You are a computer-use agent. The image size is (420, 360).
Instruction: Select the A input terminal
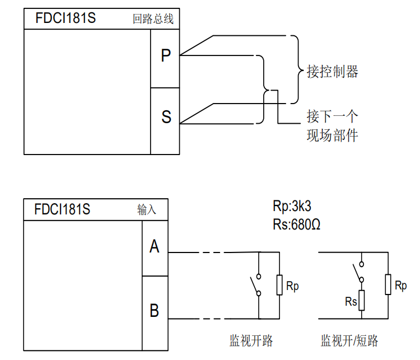(155, 246)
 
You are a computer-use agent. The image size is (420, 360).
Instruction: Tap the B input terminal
(155, 310)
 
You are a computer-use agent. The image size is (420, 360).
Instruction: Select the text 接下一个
(332, 116)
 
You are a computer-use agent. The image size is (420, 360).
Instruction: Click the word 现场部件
(332, 135)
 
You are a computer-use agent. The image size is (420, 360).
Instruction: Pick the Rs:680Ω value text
(296, 224)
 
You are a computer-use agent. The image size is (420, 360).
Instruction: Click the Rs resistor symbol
(362, 300)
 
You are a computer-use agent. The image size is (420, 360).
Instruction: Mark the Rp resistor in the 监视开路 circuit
(279, 286)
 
